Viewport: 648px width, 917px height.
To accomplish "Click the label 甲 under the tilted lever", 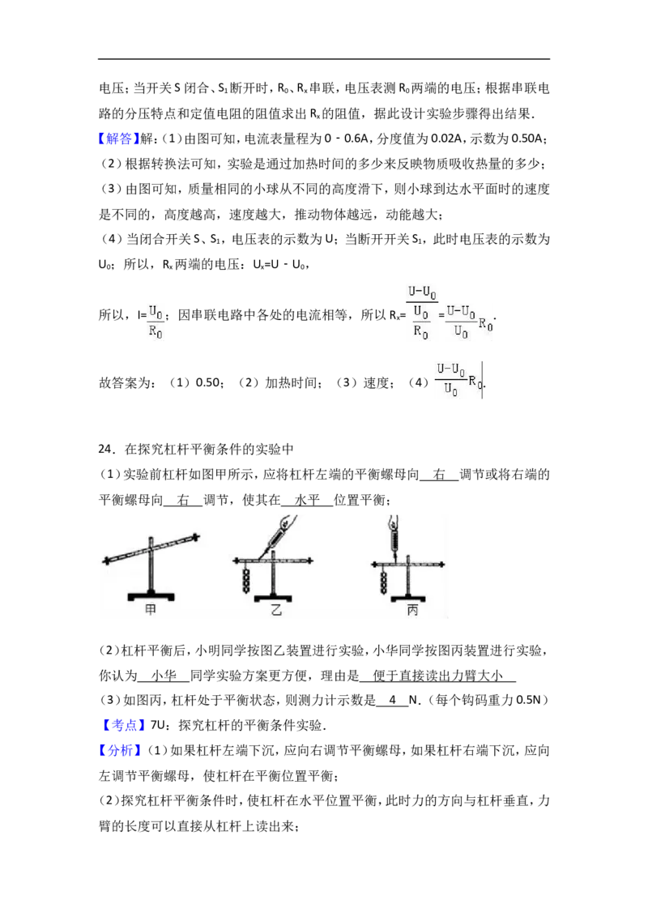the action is [151, 609].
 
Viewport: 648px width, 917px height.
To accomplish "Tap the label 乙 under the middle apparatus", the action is [276, 609].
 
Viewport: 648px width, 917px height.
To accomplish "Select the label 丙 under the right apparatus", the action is [412, 610].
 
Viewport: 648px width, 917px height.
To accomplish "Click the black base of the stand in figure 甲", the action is [151, 597].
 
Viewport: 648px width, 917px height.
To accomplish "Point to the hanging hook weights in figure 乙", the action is [246, 579].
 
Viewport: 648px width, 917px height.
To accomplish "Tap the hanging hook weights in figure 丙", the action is [384, 582].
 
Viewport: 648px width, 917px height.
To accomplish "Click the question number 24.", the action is [106, 449].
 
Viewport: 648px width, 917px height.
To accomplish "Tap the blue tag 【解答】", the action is [119, 139].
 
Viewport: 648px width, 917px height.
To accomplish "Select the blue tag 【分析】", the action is [119, 750].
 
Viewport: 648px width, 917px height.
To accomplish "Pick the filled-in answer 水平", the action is [308, 500].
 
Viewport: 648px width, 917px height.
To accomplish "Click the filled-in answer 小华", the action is [164, 676].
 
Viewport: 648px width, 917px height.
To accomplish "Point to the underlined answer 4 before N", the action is [392, 700].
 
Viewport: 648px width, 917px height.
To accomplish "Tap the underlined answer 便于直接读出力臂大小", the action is [437, 676].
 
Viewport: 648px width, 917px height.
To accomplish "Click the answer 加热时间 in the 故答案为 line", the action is [291, 383].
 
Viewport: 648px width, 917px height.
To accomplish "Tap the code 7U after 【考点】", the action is [158, 725].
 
